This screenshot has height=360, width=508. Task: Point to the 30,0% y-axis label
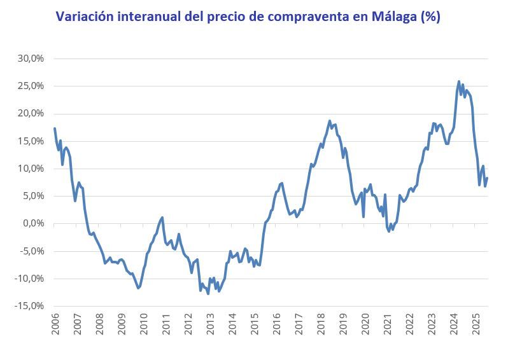30,59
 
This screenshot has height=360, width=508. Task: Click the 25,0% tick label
30,86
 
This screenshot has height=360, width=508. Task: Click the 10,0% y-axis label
30,169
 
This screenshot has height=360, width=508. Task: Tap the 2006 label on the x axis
55,324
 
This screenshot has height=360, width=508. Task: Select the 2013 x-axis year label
210,324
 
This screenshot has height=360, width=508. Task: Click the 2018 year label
321,324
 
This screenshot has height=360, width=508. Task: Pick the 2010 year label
143,324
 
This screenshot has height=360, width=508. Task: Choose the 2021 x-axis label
388,324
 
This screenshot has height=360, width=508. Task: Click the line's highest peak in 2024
459,81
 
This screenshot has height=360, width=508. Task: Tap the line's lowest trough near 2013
208,293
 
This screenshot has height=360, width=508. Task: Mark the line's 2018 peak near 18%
330,121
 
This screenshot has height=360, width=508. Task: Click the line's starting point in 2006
55,129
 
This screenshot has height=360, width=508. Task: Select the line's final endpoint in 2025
488,178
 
